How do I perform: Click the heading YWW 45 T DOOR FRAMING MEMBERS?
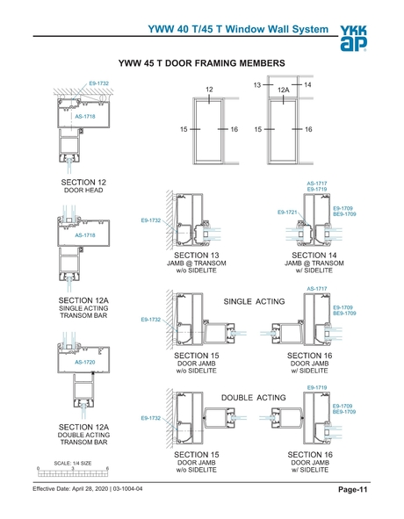(x=201, y=64)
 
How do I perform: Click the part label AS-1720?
(x=84, y=362)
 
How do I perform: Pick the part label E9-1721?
(x=287, y=213)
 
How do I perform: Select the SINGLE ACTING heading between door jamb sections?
(x=255, y=301)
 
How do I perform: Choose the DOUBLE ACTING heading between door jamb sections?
(x=255, y=398)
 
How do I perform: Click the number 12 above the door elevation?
(x=209, y=90)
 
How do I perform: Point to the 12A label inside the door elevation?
(x=283, y=90)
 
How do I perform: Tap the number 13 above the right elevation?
(x=257, y=84)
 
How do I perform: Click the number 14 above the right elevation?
(x=307, y=84)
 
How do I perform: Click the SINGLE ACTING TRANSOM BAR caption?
(x=83, y=313)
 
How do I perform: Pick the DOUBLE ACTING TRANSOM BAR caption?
(x=83, y=439)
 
